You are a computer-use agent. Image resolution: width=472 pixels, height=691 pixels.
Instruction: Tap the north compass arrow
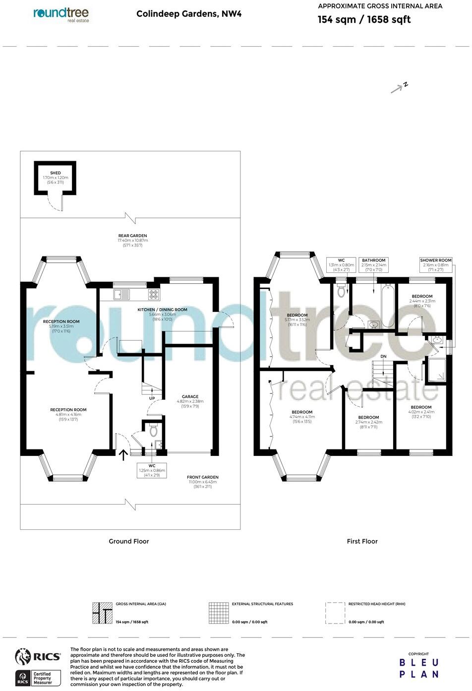tap(398, 89)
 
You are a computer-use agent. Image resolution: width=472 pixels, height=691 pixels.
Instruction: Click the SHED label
tap(55, 173)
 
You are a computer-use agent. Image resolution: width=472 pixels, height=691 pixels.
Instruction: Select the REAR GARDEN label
tap(132, 236)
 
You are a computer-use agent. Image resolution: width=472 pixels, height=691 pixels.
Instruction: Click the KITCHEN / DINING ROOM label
tap(162, 310)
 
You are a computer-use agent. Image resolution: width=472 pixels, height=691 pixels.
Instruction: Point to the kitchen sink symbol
tap(122, 294)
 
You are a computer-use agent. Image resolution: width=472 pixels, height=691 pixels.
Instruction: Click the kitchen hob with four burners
tap(154, 294)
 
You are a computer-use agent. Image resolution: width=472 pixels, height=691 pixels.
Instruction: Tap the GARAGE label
tap(190, 396)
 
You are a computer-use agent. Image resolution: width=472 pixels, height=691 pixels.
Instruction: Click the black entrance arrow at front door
tap(123, 454)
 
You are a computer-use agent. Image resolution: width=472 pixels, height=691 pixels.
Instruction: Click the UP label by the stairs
tap(151, 398)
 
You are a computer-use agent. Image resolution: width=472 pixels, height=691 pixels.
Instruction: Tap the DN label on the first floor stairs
tap(383, 357)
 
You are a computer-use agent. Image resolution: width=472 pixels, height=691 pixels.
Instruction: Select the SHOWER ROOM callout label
tap(436, 260)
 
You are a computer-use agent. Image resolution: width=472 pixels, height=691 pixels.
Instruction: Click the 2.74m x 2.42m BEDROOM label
tap(368, 417)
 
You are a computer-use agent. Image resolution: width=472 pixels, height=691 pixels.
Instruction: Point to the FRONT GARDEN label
tap(202, 477)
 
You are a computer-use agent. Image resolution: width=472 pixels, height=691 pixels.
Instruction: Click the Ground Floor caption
tap(129, 541)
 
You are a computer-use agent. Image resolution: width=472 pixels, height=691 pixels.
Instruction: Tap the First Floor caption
tap(362, 541)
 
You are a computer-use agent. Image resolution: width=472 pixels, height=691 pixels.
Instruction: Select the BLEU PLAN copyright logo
tap(419, 668)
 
